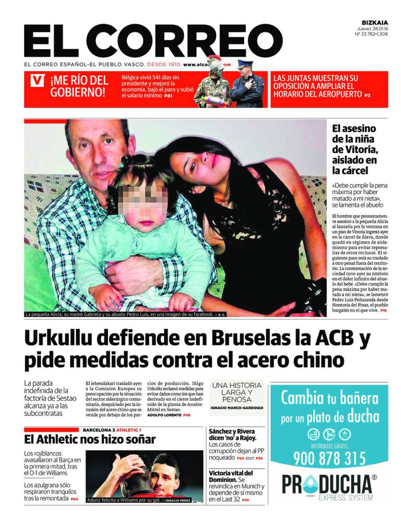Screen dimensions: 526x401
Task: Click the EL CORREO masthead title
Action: coord(153,41)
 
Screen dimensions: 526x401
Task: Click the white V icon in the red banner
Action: coord(36,81)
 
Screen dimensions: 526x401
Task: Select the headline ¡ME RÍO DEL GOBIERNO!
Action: coord(79,87)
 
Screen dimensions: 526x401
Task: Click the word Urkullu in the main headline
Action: coord(62,340)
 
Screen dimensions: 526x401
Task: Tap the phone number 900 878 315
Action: coord(329,459)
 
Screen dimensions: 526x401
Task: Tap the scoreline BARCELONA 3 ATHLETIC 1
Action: coord(112,430)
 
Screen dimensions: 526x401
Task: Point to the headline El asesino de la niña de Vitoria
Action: coord(355,149)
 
